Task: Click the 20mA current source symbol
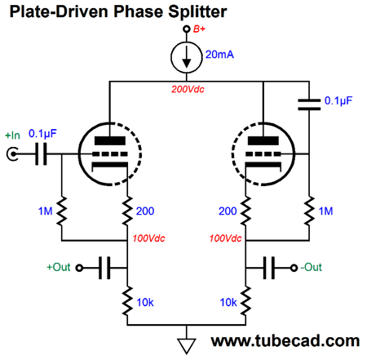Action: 187,57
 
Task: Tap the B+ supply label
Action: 199,29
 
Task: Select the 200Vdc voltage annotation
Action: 188,89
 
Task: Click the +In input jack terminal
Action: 12,154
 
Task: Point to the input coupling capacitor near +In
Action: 41,154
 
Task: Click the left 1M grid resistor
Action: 62,211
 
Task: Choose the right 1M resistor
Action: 309,211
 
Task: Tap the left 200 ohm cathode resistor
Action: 127,211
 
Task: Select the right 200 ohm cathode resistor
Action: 245,211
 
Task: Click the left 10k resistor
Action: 127,300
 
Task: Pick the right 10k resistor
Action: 245,300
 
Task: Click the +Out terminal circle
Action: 79,268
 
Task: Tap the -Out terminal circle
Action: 294,268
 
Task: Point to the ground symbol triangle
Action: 187,345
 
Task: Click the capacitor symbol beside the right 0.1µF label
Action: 309,104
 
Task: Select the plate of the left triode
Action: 110,140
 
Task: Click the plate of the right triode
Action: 263,140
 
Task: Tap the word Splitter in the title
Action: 197,11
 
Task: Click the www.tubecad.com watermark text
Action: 285,341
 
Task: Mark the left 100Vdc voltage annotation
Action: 148,238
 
